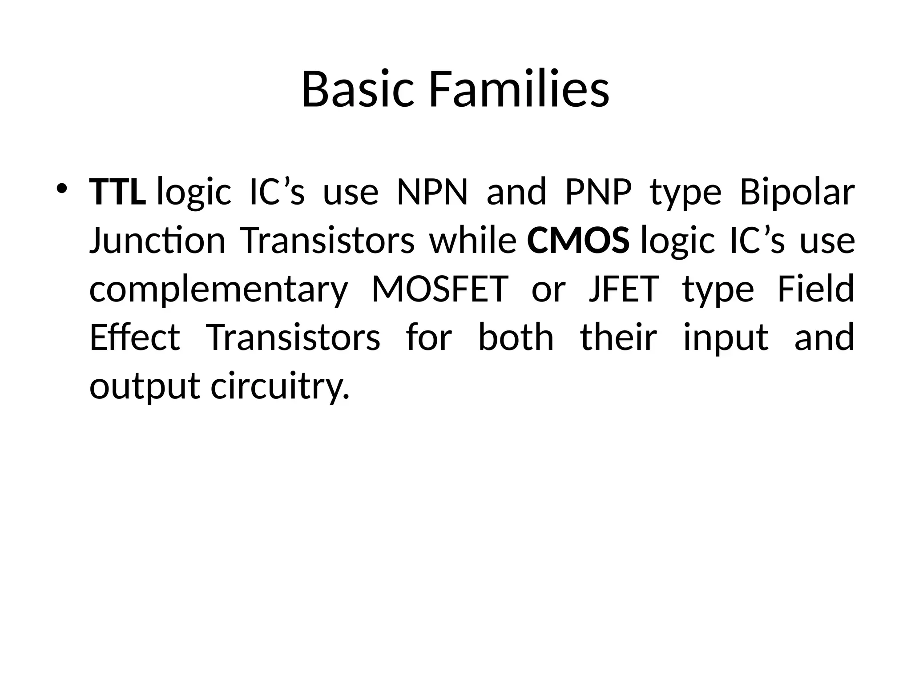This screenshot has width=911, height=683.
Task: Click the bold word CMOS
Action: point(578,241)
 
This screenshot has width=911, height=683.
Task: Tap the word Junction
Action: point(157,241)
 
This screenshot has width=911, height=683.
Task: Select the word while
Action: point(473,241)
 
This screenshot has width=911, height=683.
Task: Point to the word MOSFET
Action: point(440,289)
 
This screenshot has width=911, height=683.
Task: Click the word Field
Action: point(816,289)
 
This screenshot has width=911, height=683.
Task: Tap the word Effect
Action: point(135,337)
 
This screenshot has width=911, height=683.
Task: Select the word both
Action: point(516,337)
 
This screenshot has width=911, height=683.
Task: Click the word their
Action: point(619,337)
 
